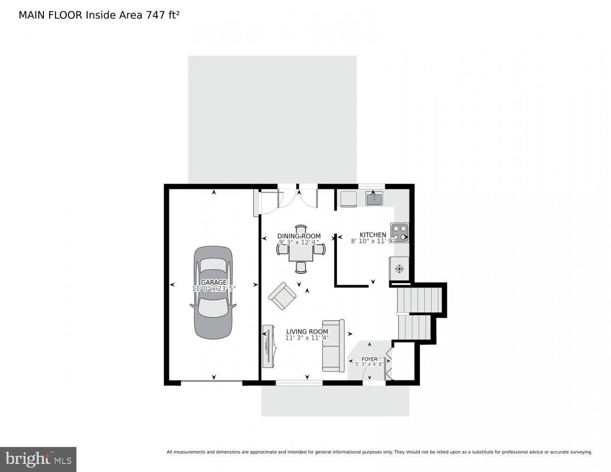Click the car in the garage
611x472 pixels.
(x=213, y=293)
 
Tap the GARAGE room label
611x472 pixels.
(x=214, y=282)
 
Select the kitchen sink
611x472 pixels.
(x=374, y=199)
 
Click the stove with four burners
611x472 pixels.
(x=400, y=233)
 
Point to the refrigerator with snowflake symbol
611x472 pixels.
(x=399, y=269)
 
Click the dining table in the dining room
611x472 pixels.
(x=301, y=253)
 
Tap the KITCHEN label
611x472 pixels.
(x=373, y=235)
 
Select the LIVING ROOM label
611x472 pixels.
(x=307, y=332)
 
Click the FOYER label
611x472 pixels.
(x=369, y=359)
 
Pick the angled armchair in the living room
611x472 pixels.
(x=282, y=296)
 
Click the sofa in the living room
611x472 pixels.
(x=334, y=346)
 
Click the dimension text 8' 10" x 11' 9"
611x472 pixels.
(x=373, y=241)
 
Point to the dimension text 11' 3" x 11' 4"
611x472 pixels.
(x=307, y=338)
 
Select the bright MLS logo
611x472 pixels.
(x=38, y=459)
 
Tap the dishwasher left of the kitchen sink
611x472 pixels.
(x=349, y=199)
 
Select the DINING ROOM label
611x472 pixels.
(x=299, y=236)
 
